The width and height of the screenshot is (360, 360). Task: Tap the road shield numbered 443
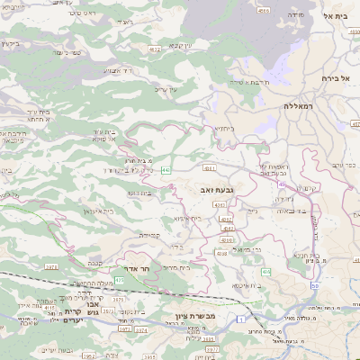point(167,169)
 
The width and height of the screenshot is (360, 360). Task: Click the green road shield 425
point(120,280)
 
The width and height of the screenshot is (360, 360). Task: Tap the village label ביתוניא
point(224,128)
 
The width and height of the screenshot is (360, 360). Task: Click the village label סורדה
point(296,15)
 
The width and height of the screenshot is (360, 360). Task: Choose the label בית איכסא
point(246,285)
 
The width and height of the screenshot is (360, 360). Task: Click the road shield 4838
point(221,253)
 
